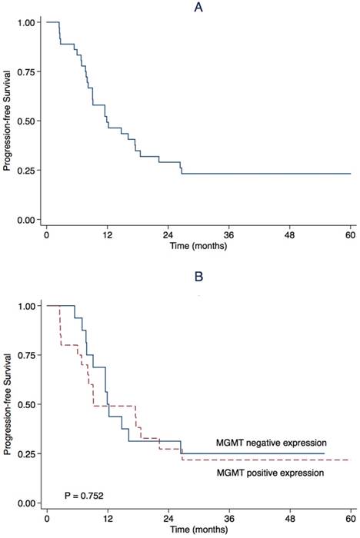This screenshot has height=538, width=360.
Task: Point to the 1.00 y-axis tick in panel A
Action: coord(25,22)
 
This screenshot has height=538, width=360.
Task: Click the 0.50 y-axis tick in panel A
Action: coord(25,121)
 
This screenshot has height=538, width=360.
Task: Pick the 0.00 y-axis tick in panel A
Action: coord(25,220)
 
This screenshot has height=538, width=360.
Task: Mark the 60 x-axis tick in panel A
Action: coord(350,236)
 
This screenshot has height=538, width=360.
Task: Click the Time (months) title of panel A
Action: coord(198,248)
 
